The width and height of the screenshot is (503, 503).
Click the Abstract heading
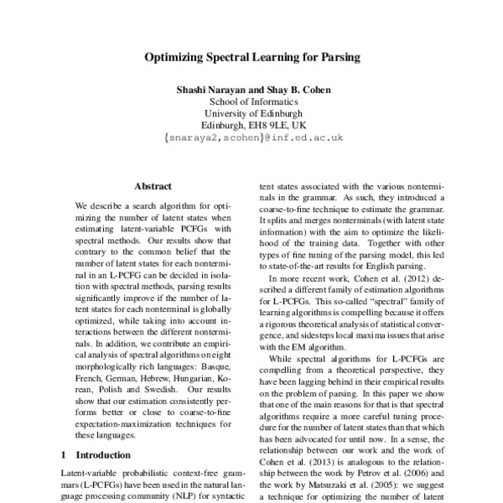[x=153, y=186]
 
